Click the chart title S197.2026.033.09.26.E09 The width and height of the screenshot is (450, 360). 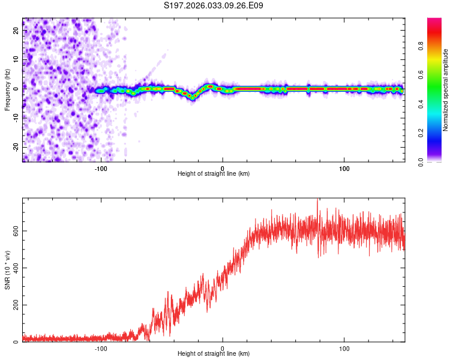pos(214,5)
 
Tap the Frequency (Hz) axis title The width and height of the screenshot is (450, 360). pos(8,89)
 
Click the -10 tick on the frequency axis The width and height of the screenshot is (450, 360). pos(17,118)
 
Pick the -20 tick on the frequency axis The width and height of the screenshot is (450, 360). pos(17,147)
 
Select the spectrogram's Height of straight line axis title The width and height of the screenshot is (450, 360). pos(214,173)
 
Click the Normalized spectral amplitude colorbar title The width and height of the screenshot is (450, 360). pos(446,89)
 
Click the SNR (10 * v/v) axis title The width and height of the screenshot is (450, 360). pos(8,271)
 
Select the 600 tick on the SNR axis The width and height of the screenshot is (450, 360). pos(14,231)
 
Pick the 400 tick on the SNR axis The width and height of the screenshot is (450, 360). pos(14,268)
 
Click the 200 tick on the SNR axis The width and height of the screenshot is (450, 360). pos(14,305)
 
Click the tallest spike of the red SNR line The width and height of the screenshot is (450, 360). pos(317,200)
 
